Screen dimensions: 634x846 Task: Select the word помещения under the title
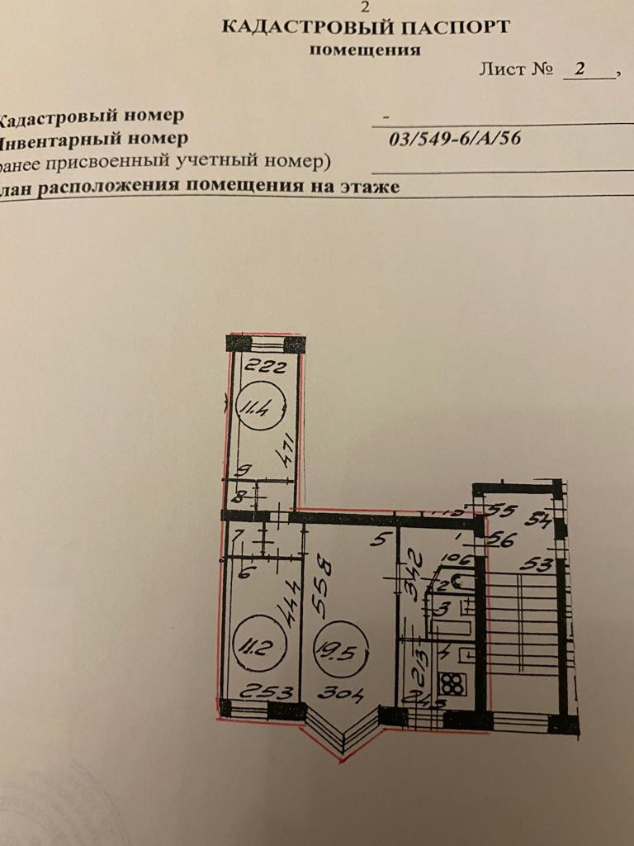pos(364,50)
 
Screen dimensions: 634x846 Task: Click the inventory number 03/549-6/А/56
pos(455,138)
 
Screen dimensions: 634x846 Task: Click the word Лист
pos(502,69)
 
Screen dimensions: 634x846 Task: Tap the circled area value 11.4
pos(257,406)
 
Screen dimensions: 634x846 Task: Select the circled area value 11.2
pos(251,644)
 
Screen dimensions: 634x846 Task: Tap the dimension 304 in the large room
pos(344,694)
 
